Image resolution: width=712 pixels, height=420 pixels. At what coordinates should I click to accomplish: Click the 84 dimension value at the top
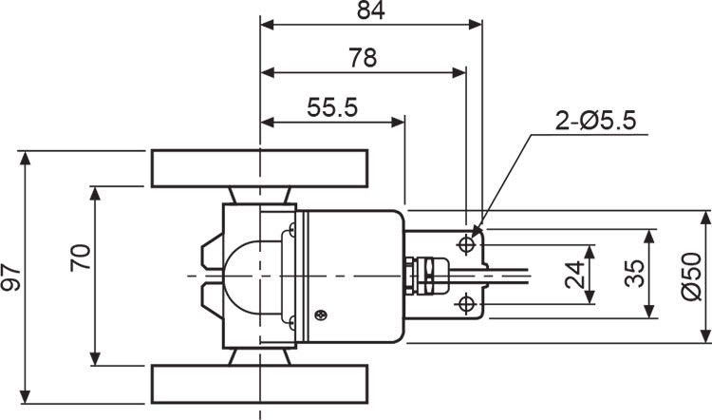coord(370,11)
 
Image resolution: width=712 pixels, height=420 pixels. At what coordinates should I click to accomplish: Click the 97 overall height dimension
coord(12,277)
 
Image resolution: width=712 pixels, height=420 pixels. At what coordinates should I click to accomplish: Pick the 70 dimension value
coord(82,258)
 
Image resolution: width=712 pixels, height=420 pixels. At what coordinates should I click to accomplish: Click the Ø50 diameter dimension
coord(692,277)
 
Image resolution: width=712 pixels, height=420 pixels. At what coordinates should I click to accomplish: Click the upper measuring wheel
coord(259,168)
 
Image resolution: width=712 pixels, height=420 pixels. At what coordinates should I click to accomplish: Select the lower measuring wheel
coord(259,384)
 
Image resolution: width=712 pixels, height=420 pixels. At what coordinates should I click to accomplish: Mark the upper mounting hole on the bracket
coord(466,245)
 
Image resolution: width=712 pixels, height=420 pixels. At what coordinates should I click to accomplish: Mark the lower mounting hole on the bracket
coord(466,303)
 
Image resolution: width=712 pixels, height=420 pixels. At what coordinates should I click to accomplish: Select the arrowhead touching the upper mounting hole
coord(478,229)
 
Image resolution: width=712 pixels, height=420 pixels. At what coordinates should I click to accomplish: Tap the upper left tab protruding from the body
coord(209,252)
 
